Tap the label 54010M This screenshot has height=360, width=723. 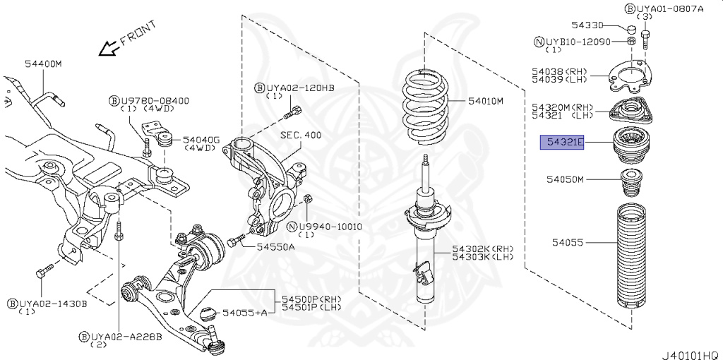click(485, 102)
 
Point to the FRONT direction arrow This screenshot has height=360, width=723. click(108, 48)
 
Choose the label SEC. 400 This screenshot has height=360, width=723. click(300, 135)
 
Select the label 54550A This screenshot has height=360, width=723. click(275, 246)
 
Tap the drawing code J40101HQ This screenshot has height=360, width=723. click(690, 351)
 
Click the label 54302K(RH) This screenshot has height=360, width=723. click(484, 249)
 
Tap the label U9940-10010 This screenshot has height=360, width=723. click(330, 227)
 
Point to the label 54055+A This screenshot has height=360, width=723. click(245, 312)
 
